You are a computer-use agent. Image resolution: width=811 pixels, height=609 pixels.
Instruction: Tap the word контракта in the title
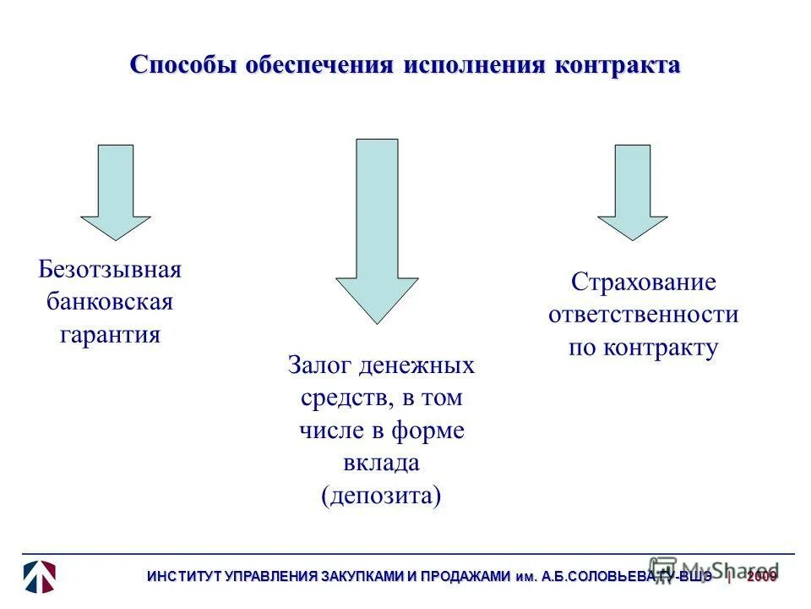(x=617, y=67)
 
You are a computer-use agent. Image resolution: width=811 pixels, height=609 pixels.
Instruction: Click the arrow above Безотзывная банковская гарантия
(x=116, y=193)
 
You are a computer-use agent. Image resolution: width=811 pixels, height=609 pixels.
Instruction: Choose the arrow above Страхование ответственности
(x=633, y=193)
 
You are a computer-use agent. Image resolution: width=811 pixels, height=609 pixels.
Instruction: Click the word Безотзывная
(x=110, y=271)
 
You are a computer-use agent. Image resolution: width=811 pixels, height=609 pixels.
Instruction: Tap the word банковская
(x=110, y=302)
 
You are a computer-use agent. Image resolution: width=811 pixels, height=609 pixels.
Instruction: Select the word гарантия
(x=110, y=334)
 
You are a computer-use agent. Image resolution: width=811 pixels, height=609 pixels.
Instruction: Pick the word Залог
(x=320, y=366)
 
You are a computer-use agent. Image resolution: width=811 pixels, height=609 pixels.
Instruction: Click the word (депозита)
(x=381, y=495)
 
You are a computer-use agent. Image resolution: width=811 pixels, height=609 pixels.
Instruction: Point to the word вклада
(x=381, y=463)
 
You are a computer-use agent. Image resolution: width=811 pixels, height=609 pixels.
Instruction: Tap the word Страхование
(x=643, y=283)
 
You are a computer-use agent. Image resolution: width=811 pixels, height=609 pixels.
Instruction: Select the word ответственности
(x=643, y=315)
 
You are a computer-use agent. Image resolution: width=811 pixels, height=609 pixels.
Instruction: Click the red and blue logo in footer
(x=39, y=575)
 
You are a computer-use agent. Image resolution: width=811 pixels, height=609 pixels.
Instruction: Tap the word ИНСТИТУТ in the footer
(x=182, y=577)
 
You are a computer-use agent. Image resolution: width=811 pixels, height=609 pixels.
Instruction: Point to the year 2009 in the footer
(x=762, y=577)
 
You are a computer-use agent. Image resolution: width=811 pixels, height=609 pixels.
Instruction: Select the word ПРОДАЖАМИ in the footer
(x=470, y=577)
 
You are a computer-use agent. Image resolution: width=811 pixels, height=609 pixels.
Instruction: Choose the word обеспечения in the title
(x=319, y=67)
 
